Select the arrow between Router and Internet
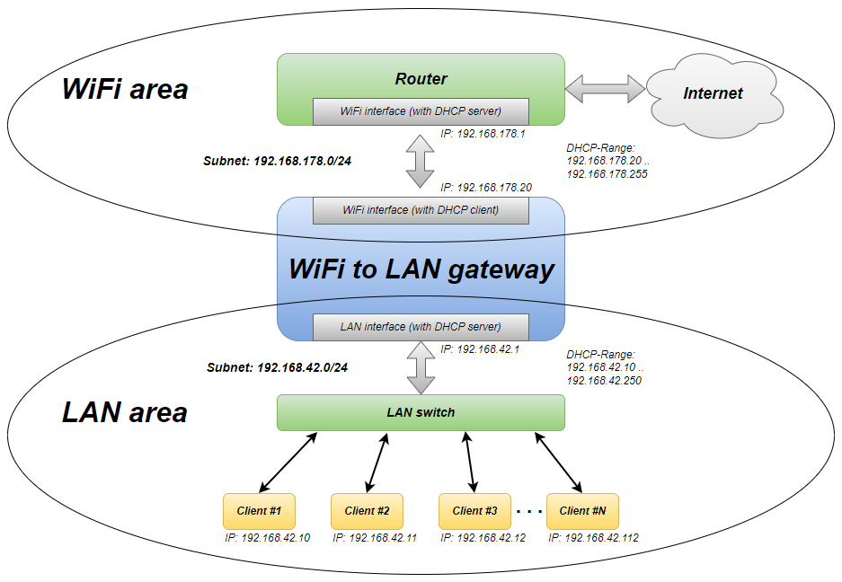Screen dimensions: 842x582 click(605, 89)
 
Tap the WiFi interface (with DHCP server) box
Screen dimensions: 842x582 click(421, 111)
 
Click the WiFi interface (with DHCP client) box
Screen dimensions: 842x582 click(421, 210)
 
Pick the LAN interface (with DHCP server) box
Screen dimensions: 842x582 click(421, 327)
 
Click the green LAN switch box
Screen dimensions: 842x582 click(421, 413)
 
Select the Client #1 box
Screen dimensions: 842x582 click(260, 511)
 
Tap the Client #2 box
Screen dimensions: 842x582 click(367, 511)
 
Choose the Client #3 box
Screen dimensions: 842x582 click(474, 511)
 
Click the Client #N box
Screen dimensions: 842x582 click(582, 511)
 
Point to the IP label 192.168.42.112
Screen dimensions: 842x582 click(593, 538)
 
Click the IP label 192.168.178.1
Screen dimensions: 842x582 click(483, 134)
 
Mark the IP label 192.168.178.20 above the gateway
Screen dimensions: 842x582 click(486, 188)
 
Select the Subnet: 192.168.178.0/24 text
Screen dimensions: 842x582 click(277, 161)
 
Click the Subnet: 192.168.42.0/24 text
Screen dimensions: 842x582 click(277, 367)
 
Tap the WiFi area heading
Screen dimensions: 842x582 click(125, 89)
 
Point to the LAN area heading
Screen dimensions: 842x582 click(125, 413)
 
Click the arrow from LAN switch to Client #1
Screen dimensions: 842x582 click(288, 463)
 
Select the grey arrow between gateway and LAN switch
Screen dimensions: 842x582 click(421, 367)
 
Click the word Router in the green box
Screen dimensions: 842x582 click(421, 79)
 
